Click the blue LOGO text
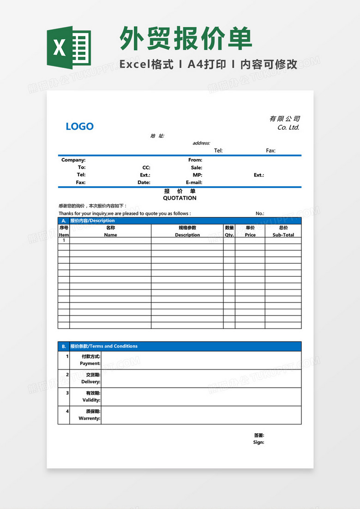[x=79, y=126]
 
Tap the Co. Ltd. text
[x=288, y=127]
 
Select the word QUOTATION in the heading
[x=180, y=198]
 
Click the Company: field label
[x=73, y=160]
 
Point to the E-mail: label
[x=194, y=182]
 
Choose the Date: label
[x=144, y=182]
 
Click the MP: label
[x=197, y=175]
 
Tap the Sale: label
[x=196, y=168]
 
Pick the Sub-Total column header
[x=283, y=235]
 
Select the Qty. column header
[x=229, y=235]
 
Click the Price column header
[x=250, y=235]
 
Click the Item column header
[x=64, y=235]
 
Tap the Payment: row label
[x=90, y=364]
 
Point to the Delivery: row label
[x=90, y=382]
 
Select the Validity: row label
[x=91, y=400]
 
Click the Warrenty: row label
[x=89, y=418]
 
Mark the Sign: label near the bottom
[x=258, y=442]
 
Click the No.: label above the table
[x=260, y=213]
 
